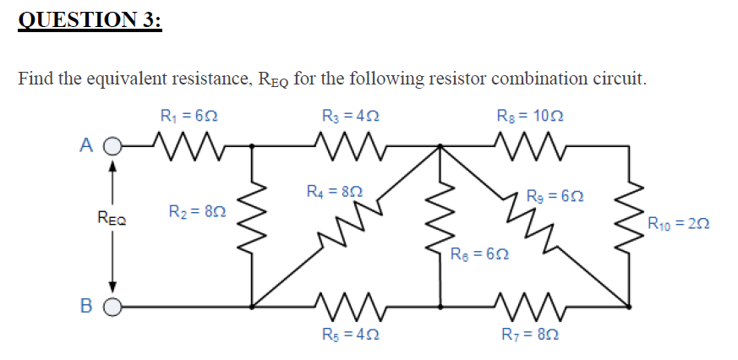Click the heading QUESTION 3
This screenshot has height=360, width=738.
[x=89, y=19]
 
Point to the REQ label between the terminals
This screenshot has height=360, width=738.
[x=111, y=221]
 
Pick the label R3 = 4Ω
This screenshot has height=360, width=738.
[x=350, y=115]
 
